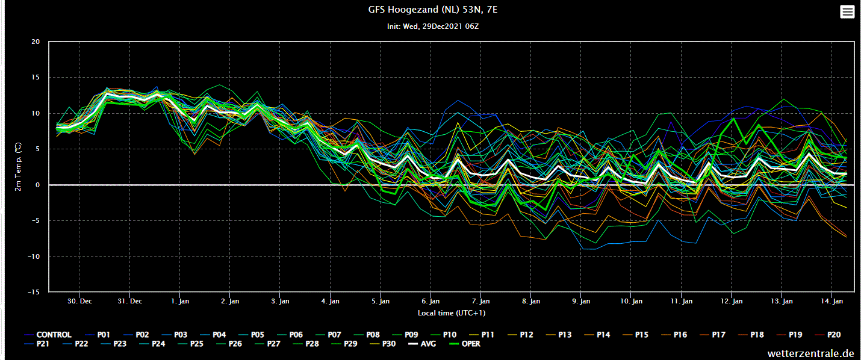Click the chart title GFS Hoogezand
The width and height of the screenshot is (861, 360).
433,10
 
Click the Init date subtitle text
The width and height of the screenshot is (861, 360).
433,26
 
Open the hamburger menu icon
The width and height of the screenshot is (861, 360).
847,12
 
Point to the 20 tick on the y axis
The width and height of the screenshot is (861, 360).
36,42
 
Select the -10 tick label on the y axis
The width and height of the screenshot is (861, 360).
34,256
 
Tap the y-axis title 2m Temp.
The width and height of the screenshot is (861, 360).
18,167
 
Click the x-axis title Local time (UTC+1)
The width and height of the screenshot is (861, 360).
452,313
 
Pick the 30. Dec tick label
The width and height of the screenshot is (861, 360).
79,301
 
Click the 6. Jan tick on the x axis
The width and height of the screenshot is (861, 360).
431,301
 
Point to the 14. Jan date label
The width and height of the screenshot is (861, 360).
831,301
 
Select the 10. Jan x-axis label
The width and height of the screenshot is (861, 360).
631,301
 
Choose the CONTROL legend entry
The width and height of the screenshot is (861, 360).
48,335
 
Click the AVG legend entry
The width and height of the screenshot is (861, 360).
422,344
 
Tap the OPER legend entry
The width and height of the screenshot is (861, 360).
465,344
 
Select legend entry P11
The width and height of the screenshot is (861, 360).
482,335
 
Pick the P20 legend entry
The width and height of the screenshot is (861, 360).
828,335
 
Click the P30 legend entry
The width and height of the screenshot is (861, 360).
382,344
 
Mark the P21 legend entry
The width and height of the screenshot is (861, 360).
37,344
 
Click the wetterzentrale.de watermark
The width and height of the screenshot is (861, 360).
810,353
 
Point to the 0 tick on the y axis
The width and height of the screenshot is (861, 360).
38,185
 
